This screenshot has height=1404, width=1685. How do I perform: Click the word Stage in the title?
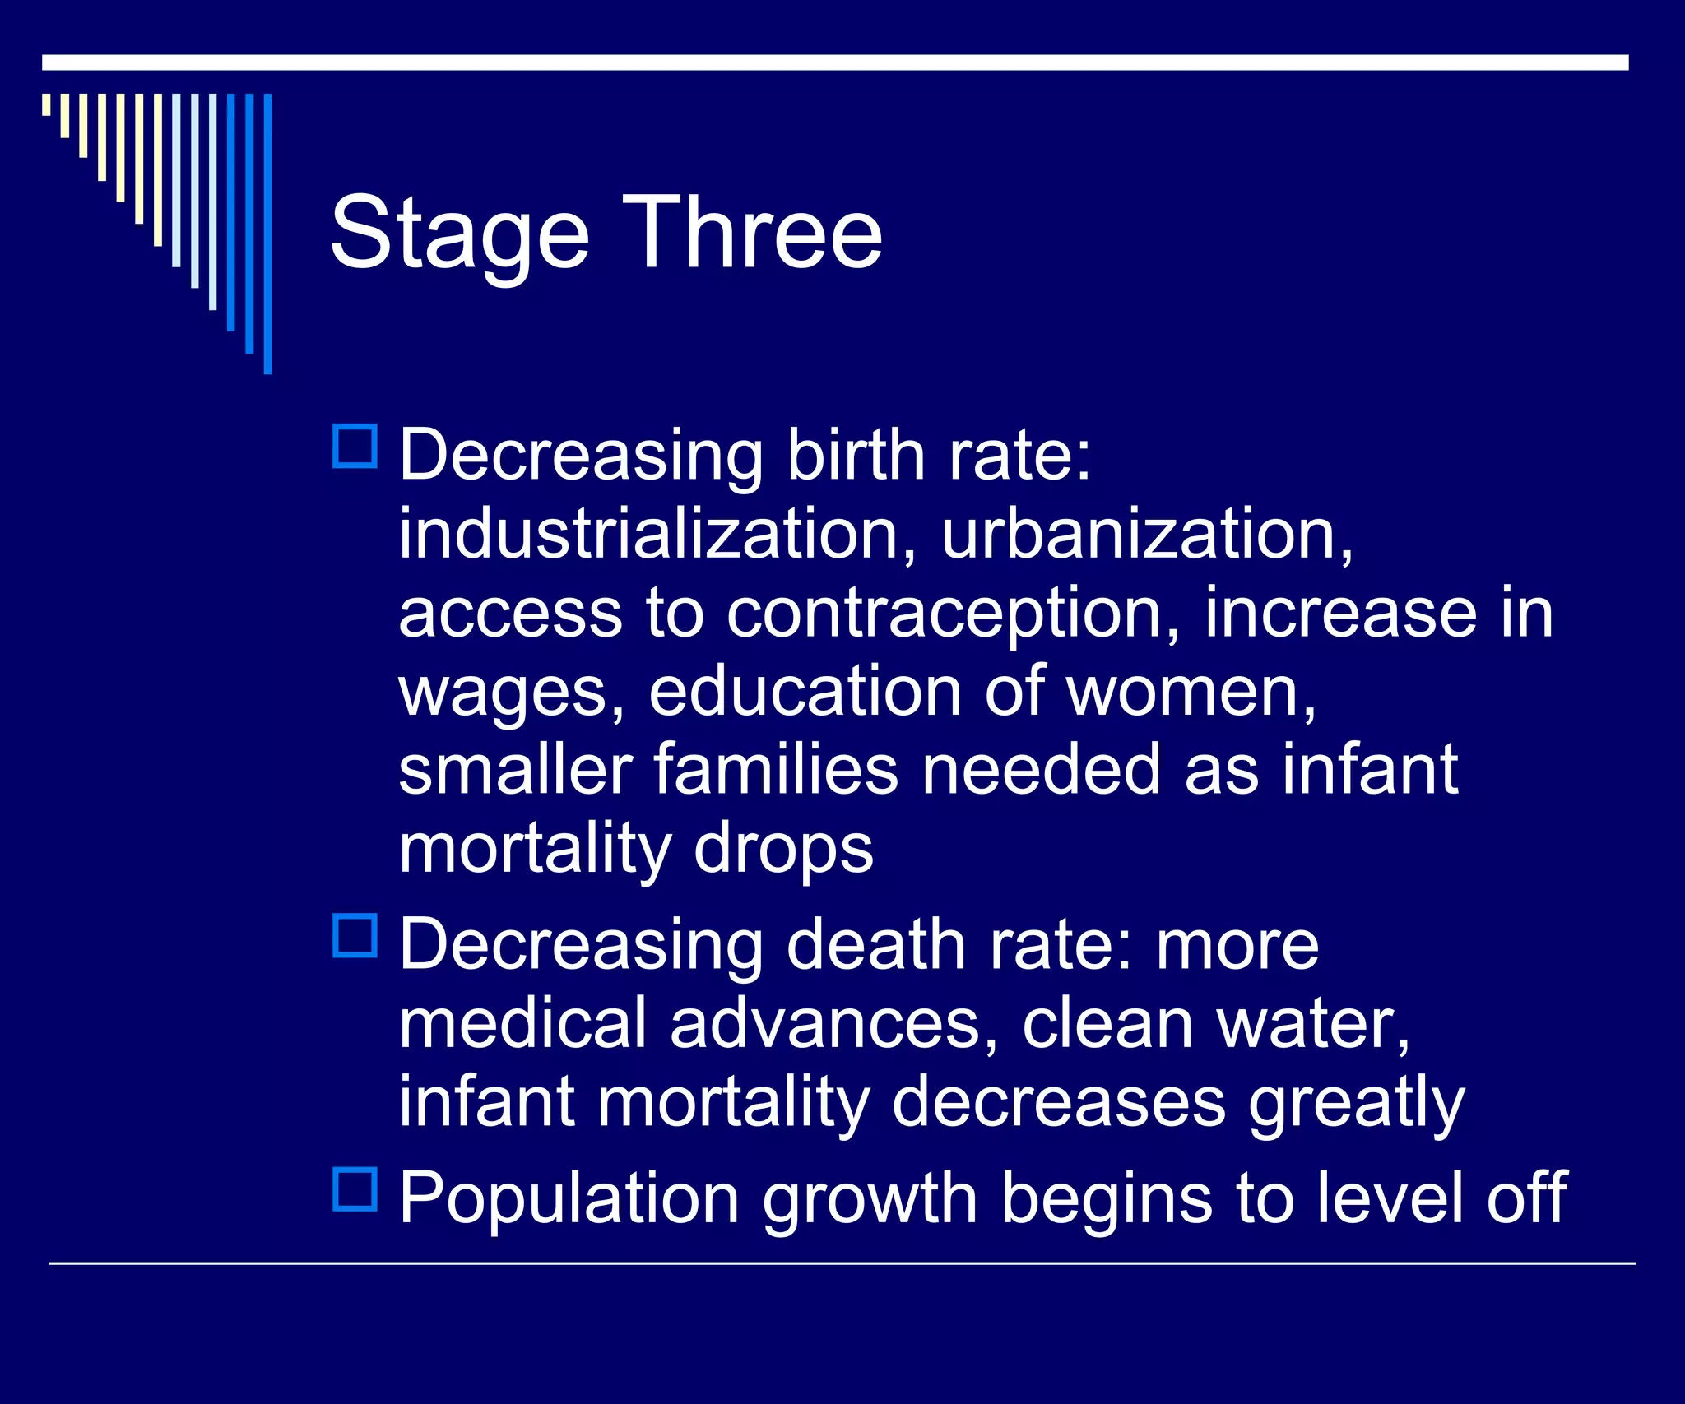[459, 234]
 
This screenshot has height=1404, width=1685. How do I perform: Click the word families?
[776, 769]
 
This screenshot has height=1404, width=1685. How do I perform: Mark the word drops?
[783, 849]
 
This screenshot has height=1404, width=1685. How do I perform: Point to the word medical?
[522, 1023]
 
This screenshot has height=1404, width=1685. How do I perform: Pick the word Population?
[569, 1198]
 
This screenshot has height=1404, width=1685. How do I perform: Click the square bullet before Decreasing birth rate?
[355, 447]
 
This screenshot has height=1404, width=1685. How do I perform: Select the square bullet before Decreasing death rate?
[355, 936]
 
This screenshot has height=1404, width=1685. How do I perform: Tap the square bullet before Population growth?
[355, 1189]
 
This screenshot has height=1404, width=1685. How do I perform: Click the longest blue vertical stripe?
[267, 234]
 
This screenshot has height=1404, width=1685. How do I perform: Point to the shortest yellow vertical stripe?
[46, 104]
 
